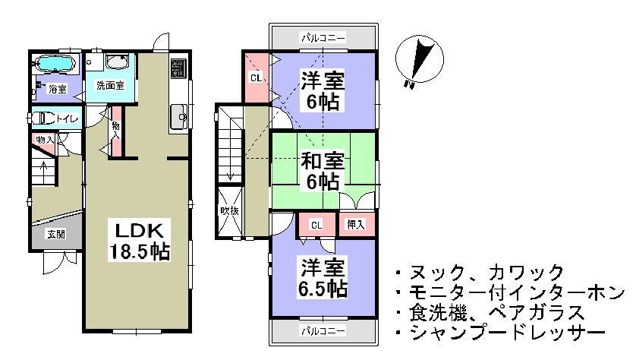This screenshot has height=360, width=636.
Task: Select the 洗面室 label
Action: (x=109, y=87)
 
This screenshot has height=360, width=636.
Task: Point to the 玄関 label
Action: (x=56, y=234)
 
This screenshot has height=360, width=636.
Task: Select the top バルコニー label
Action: (x=323, y=36)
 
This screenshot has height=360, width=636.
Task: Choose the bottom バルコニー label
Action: (x=323, y=331)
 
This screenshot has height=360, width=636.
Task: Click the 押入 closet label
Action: (x=355, y=225)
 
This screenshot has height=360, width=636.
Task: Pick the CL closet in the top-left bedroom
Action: (x=257, y=76)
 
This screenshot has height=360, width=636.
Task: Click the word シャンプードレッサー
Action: (x=506, y=333)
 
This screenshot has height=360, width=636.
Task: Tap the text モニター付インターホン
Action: (x=514, y=292)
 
